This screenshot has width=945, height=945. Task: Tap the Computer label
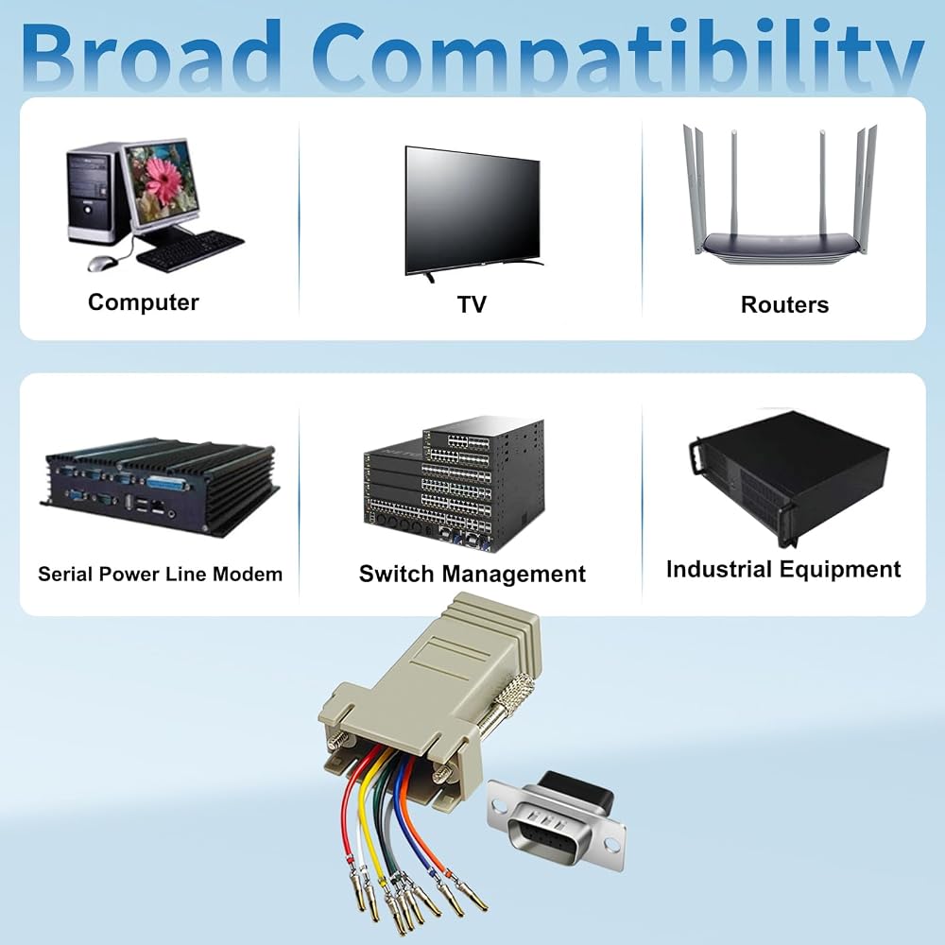pyautogui.click(x=144, y=302)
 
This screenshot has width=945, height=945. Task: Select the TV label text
pyautogui.click(x=472, y=304)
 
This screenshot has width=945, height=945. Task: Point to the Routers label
pyautogui.click(x=784, y=304)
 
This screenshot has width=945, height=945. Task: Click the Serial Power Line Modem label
pyautogui.click(x=161, y=574)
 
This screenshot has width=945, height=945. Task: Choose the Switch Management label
pyautogui.click(x=472, y=574)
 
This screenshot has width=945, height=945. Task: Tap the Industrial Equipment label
pyautogui.click(x=783, y=569)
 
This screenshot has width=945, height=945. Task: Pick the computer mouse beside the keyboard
pyautogui.click(x=103, y=264)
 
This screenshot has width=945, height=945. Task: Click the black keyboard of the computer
pyautogui.click(x=191, y=249)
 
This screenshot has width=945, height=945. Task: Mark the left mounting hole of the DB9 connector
pyautogui.click(x=500, y=804)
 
